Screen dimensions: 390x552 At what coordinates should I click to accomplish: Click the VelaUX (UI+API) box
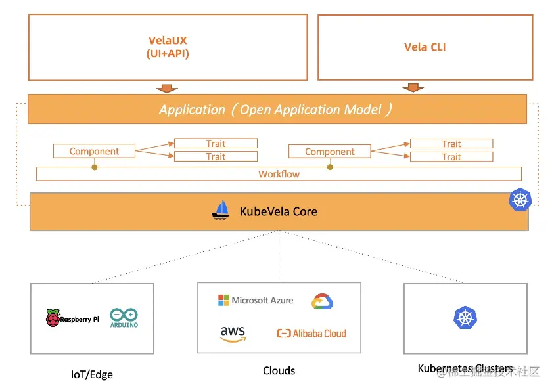[x=168, y=47]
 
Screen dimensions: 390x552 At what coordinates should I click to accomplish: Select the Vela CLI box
[x=425, y=47]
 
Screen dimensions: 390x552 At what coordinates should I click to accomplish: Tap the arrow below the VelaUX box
[x=167, y=89]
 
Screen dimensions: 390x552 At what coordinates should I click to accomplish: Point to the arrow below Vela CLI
[x=413, y=87]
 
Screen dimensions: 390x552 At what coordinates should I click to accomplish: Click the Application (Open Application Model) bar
[x=277, y=110]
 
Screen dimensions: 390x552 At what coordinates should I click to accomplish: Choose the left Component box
[x=94, y=152]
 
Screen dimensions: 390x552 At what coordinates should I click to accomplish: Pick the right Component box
[x=330, y=152]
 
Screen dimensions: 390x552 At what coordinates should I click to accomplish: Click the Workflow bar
[x=279, y=174]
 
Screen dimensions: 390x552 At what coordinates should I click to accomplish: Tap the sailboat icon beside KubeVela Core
[x=221, y=210]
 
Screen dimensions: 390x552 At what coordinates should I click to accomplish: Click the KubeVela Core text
[x=279, y=211]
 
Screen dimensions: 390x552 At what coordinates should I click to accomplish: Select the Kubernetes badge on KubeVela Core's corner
[x=520, y=200]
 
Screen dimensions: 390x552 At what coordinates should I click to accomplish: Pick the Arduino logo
[x=124, y=318]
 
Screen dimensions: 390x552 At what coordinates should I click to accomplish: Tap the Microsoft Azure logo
[x=256, y=300]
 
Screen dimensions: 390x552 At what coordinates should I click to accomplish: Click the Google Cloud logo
[x=322, y=301]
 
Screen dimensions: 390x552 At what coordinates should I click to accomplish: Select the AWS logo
[x=233, y=334]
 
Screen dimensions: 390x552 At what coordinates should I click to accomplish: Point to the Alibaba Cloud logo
[x=311, y=334]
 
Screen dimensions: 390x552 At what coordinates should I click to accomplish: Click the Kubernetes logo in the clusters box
[x=465, y=318]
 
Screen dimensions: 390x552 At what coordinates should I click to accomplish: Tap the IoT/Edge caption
[x=92, y=375]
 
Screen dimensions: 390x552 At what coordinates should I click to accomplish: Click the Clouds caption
[x=279, y=371]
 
